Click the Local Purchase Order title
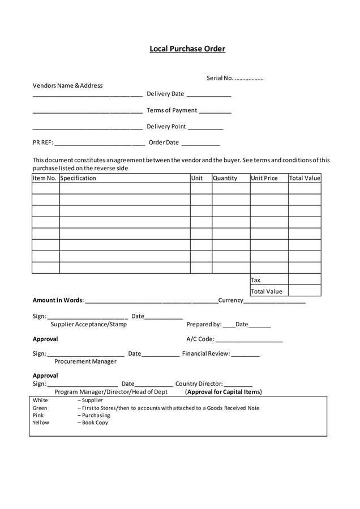point(187,49)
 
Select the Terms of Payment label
point(172,110)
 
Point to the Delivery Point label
point(166,127)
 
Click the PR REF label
point(42,143)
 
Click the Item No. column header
point(45,178)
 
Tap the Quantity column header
point(225,178)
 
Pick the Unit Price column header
point(264,178)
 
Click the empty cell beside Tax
point(305,280)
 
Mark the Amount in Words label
point(58,300)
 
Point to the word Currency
point(230,300)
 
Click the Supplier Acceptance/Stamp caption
point(89,325)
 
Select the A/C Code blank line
point(249,341)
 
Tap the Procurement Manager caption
point(85,361)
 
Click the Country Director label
point(199,384)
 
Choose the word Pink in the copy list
point(38,415)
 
